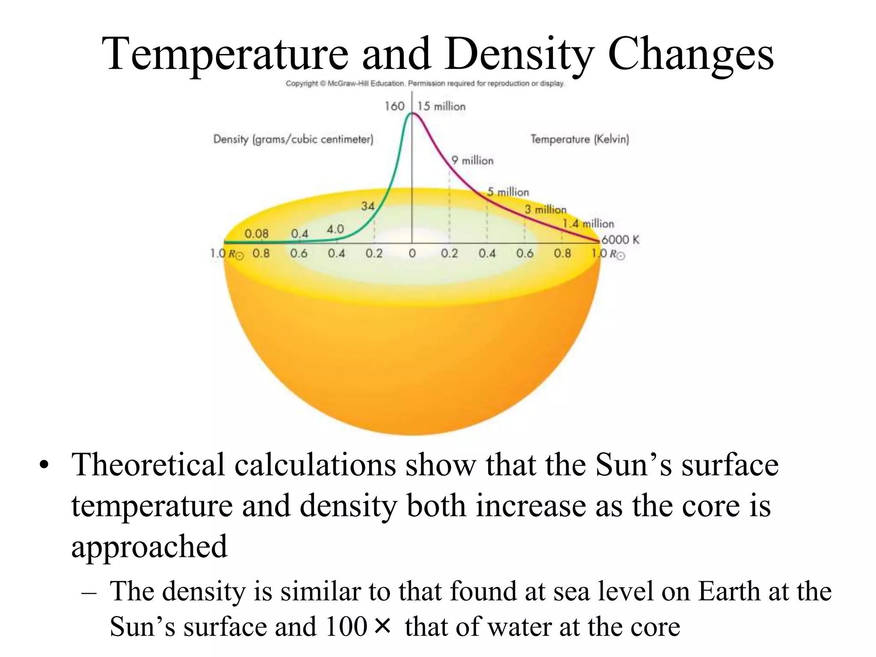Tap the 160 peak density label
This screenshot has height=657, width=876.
(394, 106)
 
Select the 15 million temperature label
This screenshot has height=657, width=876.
(441, 107)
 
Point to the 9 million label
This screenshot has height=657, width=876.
(472, 160)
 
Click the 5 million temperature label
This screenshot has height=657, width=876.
(508, 192)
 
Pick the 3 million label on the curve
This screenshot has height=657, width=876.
(545, 210)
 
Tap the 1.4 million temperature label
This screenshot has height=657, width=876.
(588, 224)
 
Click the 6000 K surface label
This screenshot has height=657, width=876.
(620, 240)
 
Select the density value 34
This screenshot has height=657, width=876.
(367, 206)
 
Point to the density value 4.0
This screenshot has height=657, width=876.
(335, 229)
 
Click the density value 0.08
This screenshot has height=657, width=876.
(256, 234)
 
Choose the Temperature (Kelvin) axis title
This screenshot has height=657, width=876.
(580, 139)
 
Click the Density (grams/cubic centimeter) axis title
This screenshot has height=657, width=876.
(293, 139)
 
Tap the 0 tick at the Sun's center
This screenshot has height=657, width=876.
(412, 253)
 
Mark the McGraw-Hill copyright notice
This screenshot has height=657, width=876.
(425, 83)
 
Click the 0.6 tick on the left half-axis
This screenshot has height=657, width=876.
(299, 253)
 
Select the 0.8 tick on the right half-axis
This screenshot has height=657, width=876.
(562, 253)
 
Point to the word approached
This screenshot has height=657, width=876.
(149, 547)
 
